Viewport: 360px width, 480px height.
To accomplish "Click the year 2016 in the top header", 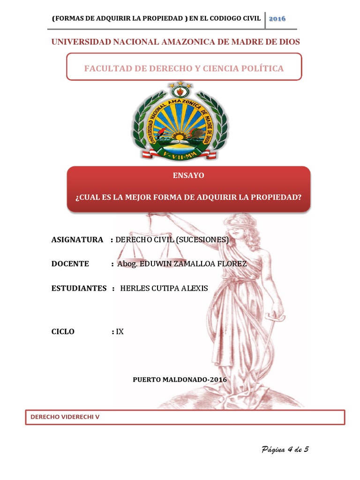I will [277, 18].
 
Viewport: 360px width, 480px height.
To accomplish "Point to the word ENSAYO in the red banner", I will [188, 175].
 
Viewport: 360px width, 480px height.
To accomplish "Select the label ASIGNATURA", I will [77, 240].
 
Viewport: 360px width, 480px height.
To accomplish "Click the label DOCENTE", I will [70, 264].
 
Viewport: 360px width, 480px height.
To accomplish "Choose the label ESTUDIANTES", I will [79, 288].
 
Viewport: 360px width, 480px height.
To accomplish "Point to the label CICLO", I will [63, 331].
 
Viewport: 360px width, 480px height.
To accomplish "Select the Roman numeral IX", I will [120, 331].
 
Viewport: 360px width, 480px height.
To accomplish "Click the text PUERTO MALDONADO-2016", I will [180, 379].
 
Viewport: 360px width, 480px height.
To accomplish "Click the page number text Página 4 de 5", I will [285, 450].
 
